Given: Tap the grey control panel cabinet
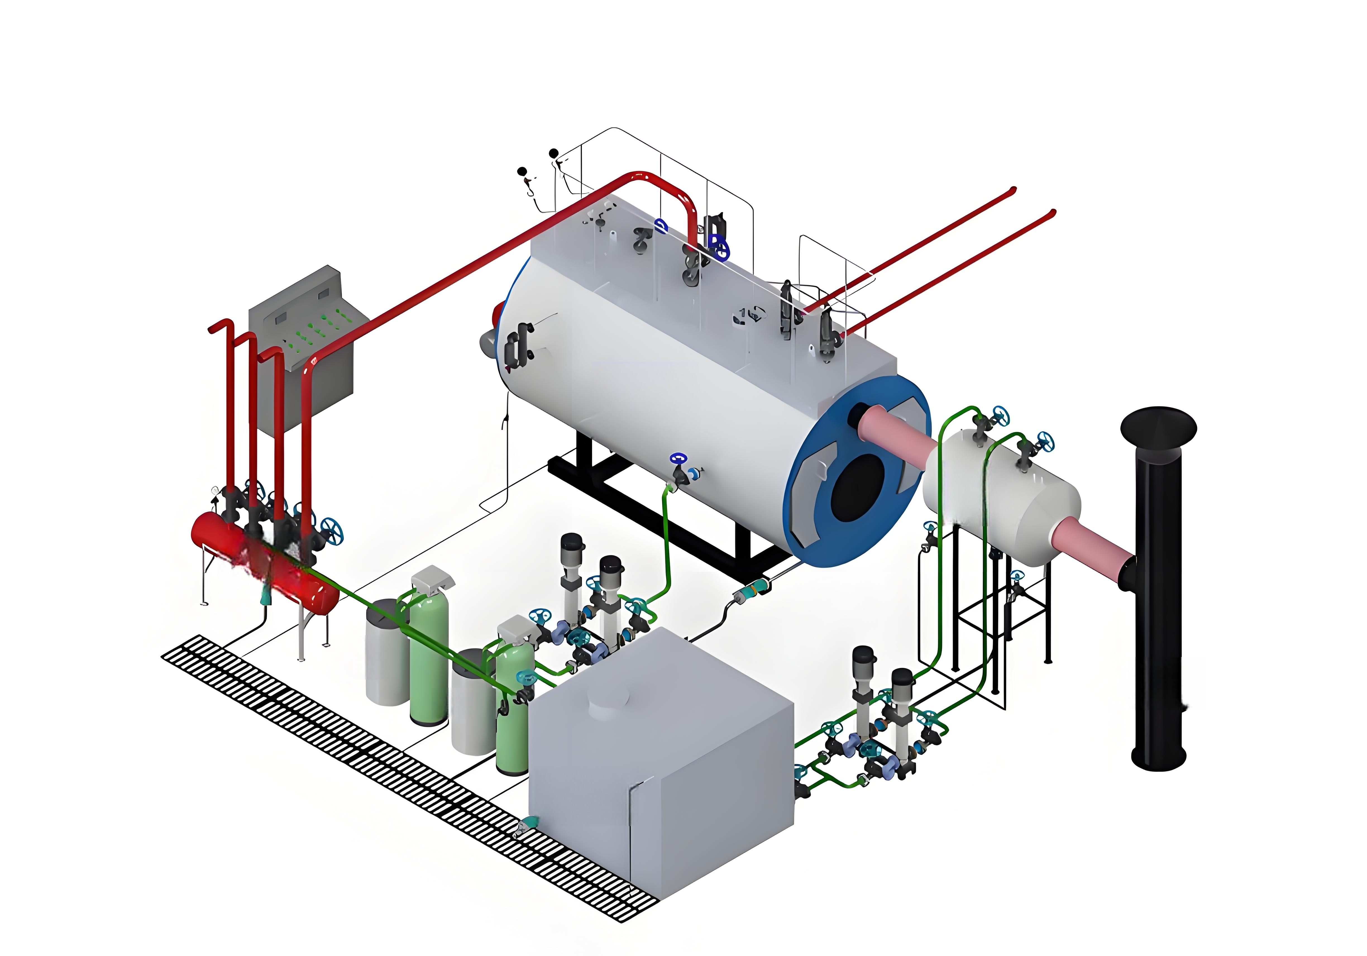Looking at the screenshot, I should coord(304,351).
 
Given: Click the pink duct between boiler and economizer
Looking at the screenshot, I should coord(893,434).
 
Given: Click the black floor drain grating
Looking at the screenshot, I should coord(405,774).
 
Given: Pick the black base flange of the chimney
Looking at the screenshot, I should coord(1158,759).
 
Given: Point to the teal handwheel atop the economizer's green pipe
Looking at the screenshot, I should coord(1000,415).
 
